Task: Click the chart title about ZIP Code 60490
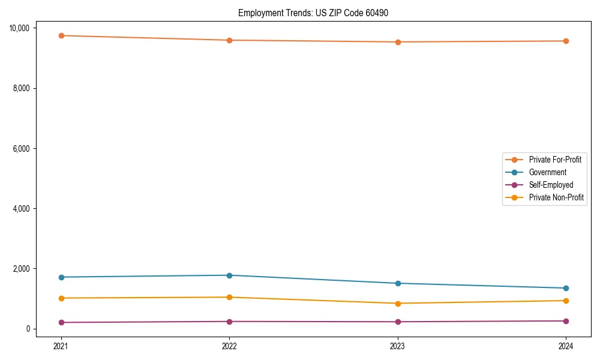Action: [x=313, y=13]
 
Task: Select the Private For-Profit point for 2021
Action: [x=61, y=35]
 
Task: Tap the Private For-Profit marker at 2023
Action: [x=397, y=42]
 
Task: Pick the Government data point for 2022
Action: [x=229, y=275]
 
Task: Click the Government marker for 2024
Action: [x=566, y=288]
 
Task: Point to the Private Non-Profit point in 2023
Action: [x=397, y=304]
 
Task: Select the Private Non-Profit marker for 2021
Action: [x=61, y=298]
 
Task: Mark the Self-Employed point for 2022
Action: [x=229, y=322]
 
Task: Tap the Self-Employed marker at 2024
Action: [x=566, y=321]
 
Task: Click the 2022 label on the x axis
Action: [x=229, y=346]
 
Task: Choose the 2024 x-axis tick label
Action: [x=566, y=346]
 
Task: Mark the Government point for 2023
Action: [x=397, y=283]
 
